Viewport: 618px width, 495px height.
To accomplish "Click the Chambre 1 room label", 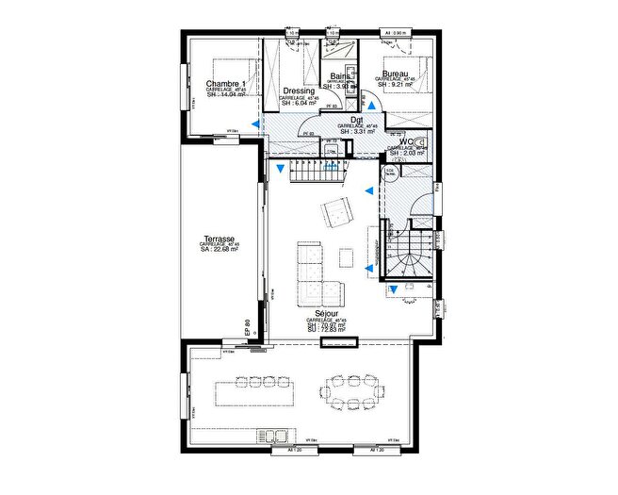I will point(226,85).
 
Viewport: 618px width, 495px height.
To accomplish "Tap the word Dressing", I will point(299,91).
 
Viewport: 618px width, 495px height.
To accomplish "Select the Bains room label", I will point(340,77).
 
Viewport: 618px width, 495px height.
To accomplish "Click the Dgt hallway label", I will point(357,120).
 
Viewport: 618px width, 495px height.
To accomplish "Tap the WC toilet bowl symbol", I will point(421,144).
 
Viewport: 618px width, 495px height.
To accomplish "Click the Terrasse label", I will point(219,239).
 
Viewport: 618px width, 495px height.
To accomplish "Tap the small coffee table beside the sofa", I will point(347,256).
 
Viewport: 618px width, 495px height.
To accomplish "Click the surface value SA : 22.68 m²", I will point(219,252).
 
